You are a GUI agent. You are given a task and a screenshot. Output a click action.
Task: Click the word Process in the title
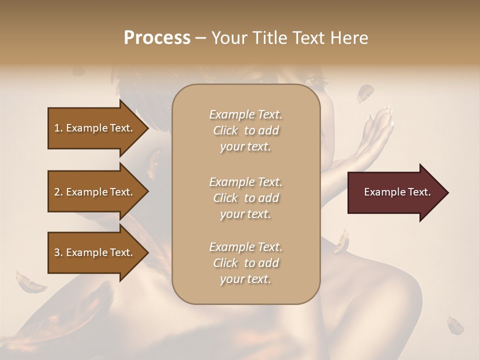pos(157,38)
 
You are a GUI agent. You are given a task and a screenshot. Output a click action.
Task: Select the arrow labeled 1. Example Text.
pos(95,128)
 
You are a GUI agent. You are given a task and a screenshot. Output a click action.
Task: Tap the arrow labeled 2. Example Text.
pos(95,192)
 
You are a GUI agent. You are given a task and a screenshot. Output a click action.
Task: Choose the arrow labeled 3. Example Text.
pos(95,252)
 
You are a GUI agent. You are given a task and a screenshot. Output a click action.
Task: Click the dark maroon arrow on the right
pos(395,192)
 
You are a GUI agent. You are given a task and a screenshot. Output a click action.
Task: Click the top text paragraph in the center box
pos(245,130)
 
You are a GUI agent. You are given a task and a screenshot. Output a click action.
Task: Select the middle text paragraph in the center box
pos(245,198)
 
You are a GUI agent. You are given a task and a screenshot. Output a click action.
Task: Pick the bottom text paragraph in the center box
pos(245,263)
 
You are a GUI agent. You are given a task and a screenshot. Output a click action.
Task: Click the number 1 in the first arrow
pos(57,128)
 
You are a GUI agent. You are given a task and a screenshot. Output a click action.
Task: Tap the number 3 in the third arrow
pos(57,252)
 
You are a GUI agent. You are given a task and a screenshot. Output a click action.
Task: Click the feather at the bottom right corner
pos(455,325)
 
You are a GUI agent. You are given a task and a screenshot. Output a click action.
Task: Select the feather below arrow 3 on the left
pos(30,283)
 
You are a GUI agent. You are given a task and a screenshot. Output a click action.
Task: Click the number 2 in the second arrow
pos(57,192)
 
